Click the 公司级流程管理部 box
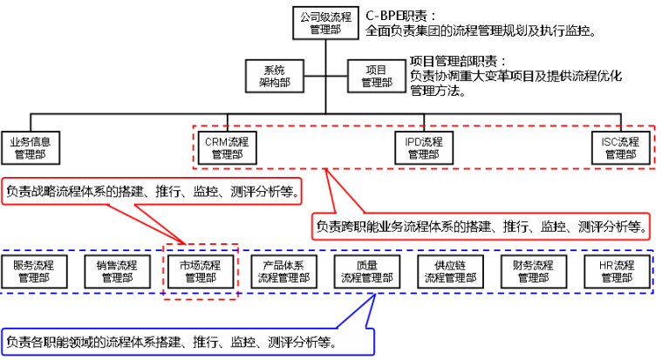(325, 24)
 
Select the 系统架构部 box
(275, 76)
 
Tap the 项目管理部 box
(377, 76)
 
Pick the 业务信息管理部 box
(31, 147)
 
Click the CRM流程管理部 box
(227, 147)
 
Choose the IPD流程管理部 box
(424, 147)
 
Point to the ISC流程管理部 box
(621, 147)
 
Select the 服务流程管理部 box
(34, 272)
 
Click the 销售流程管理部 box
(118, 272)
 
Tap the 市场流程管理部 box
(201, 272)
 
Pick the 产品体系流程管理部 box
(283, 272)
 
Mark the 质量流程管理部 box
(367, 272)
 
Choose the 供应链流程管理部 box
(450, 272)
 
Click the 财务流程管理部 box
(534, 272)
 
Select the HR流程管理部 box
(617, 272)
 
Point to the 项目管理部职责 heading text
(458, 62)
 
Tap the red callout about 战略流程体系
(152, 192)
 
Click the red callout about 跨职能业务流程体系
(481, 227)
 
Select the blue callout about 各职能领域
(188, 342)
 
